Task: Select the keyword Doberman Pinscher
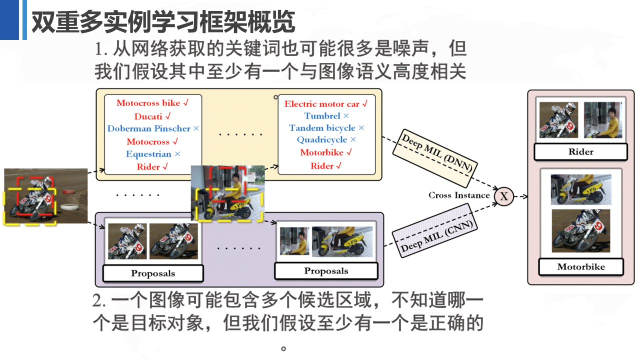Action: coord(149,128)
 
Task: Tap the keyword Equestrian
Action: coord(148,154)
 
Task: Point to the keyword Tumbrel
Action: coord(322,116)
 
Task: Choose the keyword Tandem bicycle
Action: coord(322,128)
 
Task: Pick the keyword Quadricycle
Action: coord(322,140)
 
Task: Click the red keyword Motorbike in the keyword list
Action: coord(322,152)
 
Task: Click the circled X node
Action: coord(503,196)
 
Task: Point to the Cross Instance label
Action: coord(458,195)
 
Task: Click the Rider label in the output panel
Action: coord(580,152)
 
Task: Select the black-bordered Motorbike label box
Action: coord(581,267)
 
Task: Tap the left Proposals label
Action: coord(153,273)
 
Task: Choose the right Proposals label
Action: coord(326,271)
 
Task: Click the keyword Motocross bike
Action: coord(148,103)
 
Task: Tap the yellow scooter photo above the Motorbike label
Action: coord(581,189)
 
